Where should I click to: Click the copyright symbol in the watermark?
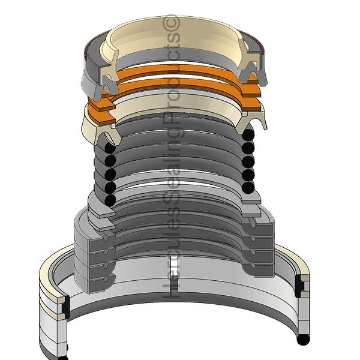(x=171, y=23)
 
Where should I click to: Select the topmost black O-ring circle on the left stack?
(x=110, y=148)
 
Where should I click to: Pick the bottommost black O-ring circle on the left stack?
(x=110, y=200)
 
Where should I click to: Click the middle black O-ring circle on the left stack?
(x=110, y=174)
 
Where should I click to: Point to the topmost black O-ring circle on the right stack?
(x=248, y=134)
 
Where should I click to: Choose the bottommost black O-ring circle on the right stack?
(x=248, y=187)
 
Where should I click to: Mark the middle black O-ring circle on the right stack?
(x=248, y=161)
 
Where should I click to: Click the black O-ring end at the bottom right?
(x=303, y=340)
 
